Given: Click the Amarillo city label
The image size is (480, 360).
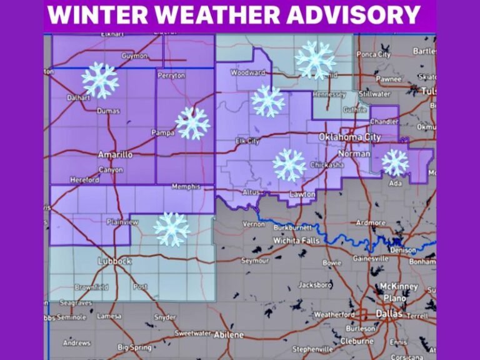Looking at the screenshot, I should pyautogui.click(x=115, y=154).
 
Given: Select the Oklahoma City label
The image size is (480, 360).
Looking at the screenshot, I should pyautogui.click(x=349, y=137).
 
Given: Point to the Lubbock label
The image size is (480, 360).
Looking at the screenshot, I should pyautogui.click(x=114, y=261).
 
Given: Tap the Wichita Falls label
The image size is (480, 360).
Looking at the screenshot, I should pyautogui.click(x=297, y=240).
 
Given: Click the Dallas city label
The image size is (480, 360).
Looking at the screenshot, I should pyautogui.click(x=389, y=314).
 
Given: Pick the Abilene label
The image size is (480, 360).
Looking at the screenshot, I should pyautogui.click(x=229, y=334).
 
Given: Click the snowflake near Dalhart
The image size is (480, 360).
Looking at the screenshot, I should pyautogui.click(x=100, y=80).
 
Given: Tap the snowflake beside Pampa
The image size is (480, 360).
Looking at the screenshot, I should pyautogui.click(x=192, y=123).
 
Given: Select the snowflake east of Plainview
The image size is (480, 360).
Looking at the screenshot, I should pyautogui.click(x=172, y=229).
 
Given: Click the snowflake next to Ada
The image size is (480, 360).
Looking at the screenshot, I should pyautogui.click(x=395, y=162).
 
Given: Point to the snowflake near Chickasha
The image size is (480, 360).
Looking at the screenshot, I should pyautogui.click(x=289, y=165).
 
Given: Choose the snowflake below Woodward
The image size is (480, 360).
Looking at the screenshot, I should pyautogui.click(x=268, y=101).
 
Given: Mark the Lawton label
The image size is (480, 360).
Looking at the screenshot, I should pyautogui.click(x=302, y=194).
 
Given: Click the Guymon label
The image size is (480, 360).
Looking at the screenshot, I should pyautogui.click(x=134, y=56).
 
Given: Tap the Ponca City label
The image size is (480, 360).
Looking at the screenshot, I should pyautogui.click(x=374, y=54).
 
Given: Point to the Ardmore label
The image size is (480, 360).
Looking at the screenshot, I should pyautogui.click(x=371, y=222).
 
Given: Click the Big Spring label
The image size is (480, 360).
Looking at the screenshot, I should pyautogui.click(x=134, y=347).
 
